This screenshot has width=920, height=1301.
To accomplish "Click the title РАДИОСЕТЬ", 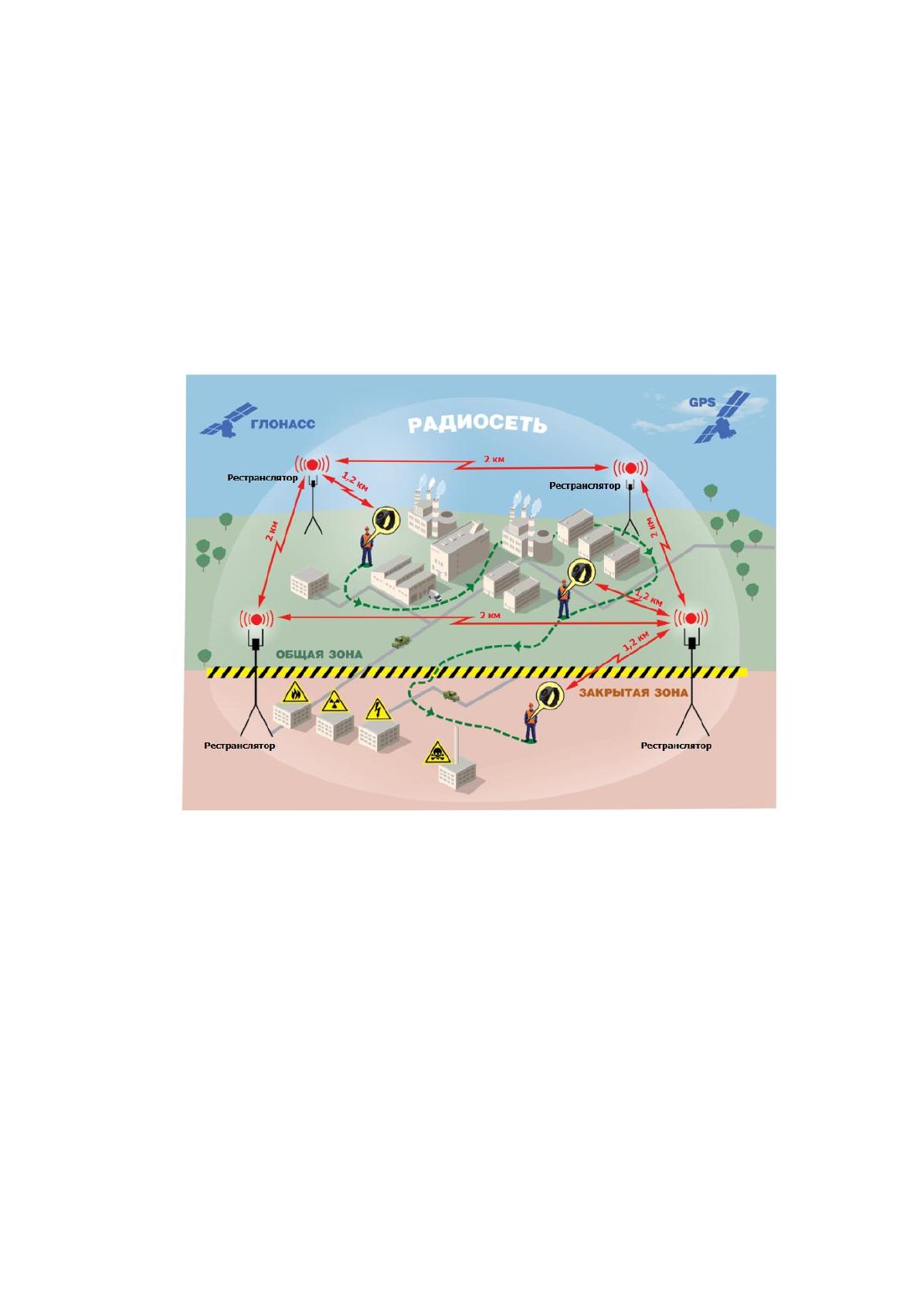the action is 477,425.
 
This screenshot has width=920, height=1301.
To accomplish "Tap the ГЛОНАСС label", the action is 282,423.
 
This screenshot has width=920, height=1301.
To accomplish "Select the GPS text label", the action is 701,402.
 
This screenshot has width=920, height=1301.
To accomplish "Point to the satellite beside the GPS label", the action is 722,417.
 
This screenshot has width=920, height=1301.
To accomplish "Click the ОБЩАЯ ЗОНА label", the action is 319,654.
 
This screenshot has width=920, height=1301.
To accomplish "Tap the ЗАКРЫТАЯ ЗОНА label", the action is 633,692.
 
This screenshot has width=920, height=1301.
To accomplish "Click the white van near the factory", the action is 434,595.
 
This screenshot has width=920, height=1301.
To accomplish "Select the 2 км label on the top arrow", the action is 494,459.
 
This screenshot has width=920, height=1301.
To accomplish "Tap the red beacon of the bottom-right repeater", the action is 691,618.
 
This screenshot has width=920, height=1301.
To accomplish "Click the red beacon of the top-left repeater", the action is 313,464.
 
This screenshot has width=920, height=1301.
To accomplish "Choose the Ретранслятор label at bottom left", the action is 239,746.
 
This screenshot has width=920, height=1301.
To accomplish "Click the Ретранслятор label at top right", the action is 585,485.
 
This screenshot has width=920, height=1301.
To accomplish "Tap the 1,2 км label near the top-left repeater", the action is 355,482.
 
